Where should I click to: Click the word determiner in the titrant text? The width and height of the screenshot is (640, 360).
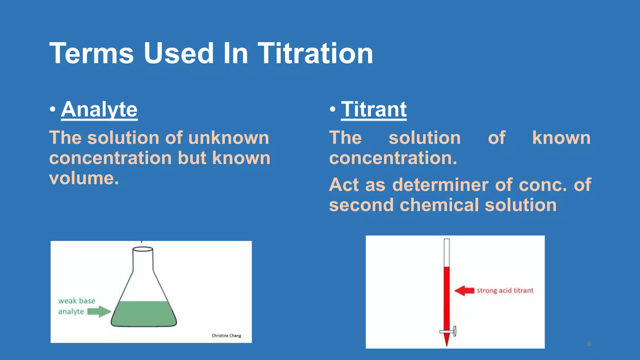click(440, 185)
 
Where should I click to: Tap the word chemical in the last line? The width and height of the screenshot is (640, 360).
click(439, 205)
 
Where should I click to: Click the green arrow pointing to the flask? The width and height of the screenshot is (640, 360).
click(99, 312)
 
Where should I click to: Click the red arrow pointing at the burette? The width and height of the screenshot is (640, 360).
click(464, 291)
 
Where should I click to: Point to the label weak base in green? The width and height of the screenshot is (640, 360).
click(77, 301)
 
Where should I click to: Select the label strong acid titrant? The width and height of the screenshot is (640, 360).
click(505, 291)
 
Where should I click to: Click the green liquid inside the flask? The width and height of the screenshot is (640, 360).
click(144, 314)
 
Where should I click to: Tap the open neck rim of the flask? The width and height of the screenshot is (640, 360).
click(143, 249)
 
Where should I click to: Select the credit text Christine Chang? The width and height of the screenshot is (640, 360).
click(226, 336)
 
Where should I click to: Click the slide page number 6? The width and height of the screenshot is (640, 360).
click(589, 344)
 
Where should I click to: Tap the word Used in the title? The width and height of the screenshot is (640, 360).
click(178, 53)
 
